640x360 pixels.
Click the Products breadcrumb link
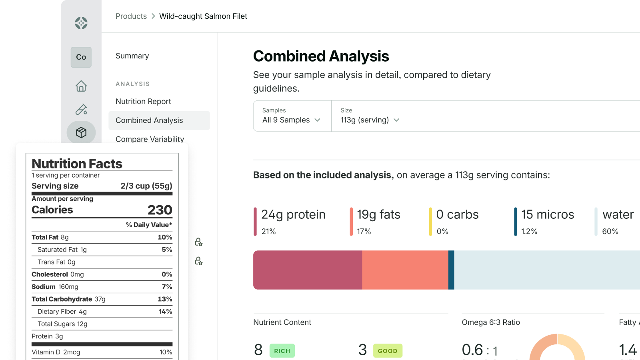131,16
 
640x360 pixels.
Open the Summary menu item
132,56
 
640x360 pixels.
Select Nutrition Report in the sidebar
143,102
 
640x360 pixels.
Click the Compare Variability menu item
150,139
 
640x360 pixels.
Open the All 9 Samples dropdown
292,120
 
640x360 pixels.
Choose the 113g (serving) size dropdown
370,120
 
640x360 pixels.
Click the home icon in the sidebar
81,86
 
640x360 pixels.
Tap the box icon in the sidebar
81,132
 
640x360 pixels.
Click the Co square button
81,57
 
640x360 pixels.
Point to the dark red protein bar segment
307,270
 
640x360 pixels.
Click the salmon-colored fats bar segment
405,270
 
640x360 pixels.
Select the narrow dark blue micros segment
451,270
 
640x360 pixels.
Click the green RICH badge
282,351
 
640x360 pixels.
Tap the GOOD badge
388,351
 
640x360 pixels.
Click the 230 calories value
160,210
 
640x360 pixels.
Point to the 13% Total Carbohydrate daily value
165,299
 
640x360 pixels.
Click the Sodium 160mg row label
55,287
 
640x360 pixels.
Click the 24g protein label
293,215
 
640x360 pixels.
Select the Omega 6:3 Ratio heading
491,322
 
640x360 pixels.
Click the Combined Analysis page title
321,56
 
